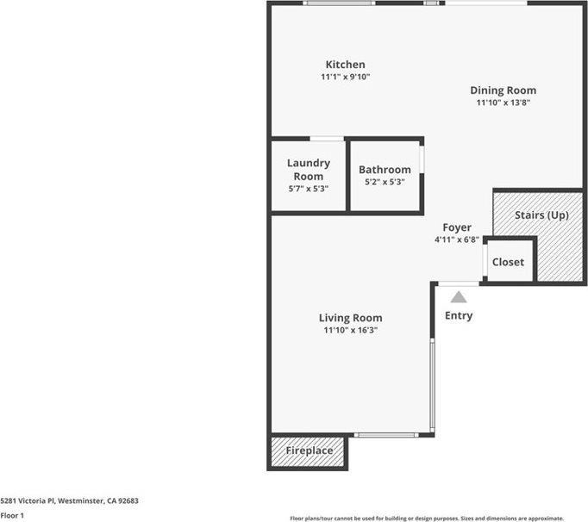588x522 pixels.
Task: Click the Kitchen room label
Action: [345, 65]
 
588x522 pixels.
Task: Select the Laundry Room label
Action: [309, 169]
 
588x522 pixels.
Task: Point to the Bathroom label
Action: [385, 170]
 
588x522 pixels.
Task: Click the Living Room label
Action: [350, 318]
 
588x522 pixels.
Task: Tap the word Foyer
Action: [457, 227]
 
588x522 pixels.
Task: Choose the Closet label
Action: [508, 262]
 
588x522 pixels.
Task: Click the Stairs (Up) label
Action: [541, 214]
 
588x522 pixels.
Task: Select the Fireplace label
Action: [309, 451]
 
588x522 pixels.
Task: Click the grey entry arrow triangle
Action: [459, 297]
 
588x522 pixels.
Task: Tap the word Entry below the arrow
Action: [459, 316]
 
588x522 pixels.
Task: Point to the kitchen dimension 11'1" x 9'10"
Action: [345, 78]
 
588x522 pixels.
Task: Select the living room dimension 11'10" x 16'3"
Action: [350, 330]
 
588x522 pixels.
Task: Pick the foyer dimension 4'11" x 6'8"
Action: [457, 239]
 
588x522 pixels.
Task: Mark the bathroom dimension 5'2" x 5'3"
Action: [385, 182]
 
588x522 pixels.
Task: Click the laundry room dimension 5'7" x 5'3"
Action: [309, 189]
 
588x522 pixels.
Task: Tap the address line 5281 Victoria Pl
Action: [69, 500]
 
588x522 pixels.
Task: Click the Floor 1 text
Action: [12, 516]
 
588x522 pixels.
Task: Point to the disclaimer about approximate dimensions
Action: [438, 518]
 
